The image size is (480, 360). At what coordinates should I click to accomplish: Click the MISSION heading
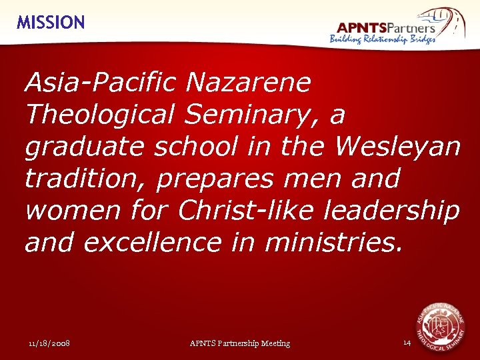[x=51, y=23]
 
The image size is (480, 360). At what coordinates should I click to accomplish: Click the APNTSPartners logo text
[x=386, y=27]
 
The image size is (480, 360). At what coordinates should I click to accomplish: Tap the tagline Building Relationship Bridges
[x=383, y=39]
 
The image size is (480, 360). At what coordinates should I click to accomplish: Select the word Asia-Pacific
[x=100, y=83]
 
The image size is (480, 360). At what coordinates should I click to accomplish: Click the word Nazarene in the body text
[x=249, y=83]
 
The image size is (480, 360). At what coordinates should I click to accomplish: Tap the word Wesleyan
[x=398, y=147]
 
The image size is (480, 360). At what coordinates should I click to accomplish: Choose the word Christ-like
[x=246, y=211]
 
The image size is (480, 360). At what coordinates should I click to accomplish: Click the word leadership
[x=391, y=211]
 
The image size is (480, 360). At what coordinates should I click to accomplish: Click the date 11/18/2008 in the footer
[x=50, y=343]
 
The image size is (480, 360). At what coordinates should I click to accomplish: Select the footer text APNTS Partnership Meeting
[x=240, y=343]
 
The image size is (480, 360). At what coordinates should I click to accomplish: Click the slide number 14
[x=407, y=343]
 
